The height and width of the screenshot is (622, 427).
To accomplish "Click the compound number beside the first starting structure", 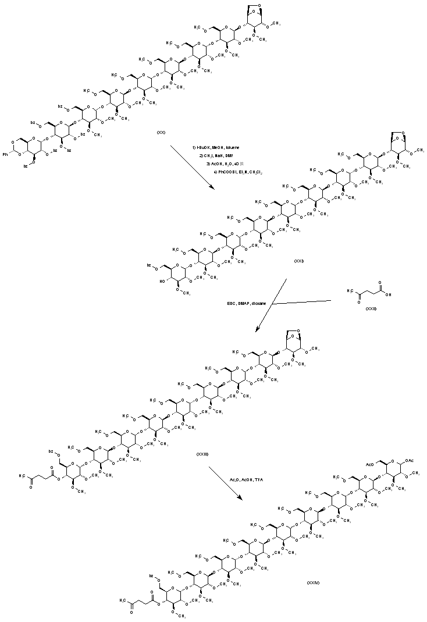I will (x=161, y=133).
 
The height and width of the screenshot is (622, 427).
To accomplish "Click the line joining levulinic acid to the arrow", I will (x=303, y=302).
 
